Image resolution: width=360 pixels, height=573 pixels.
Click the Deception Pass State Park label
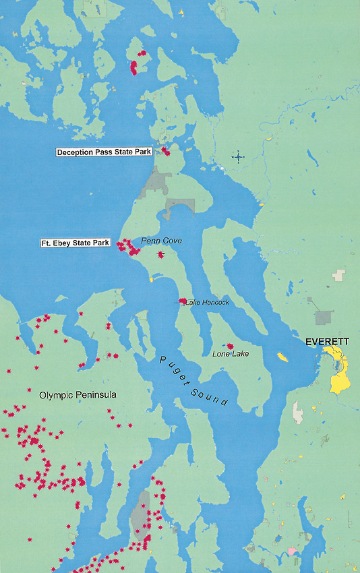(x=104, y=152)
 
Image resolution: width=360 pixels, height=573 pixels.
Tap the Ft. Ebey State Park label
(x=74, y=243)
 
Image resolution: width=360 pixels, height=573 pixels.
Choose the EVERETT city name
(x=327, y=342)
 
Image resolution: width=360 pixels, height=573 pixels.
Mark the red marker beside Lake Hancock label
(x=183, y=301)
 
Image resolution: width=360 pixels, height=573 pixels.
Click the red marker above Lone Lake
(x=231, y=346)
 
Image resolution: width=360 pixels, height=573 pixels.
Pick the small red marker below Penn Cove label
(x=160, y=254)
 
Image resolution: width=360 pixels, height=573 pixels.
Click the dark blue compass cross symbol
(x=238, y=157)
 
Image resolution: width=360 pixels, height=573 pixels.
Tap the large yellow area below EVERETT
(x=339, y=374)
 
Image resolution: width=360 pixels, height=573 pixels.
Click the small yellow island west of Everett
(x=282, y=357)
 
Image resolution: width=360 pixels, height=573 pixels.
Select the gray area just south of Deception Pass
(x=158, y=182)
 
